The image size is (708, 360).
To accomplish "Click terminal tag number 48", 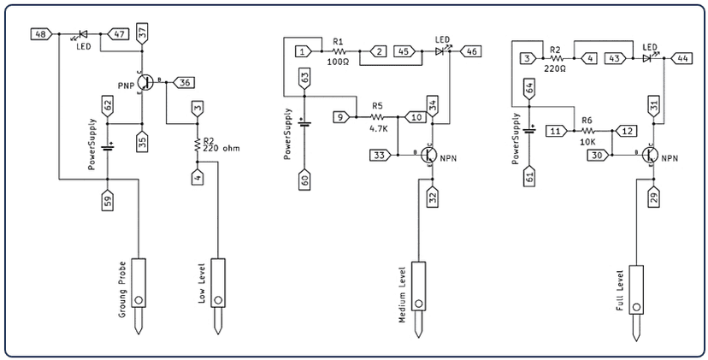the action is (42, 34).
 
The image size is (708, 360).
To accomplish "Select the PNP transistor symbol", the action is (145, 82).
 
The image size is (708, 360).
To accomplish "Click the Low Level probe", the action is (218, 297).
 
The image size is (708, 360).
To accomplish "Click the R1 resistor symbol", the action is (339, 51).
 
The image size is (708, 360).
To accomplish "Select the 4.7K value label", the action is (379, 129).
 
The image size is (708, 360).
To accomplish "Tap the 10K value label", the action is (588, 142).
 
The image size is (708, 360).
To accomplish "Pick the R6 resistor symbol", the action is (588, 131).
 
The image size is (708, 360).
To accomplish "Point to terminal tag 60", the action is (304, 180).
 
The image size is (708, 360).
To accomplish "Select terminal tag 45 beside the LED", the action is (405, 51).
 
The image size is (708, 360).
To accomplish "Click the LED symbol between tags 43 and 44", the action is (649, 58).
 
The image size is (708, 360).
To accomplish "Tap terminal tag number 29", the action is (655, 197).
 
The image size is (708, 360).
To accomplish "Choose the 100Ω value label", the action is (339, 62).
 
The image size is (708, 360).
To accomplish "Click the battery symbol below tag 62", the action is (108, 148).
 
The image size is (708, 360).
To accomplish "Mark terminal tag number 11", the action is (557, 131).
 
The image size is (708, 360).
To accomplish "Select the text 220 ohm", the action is (221, 148).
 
